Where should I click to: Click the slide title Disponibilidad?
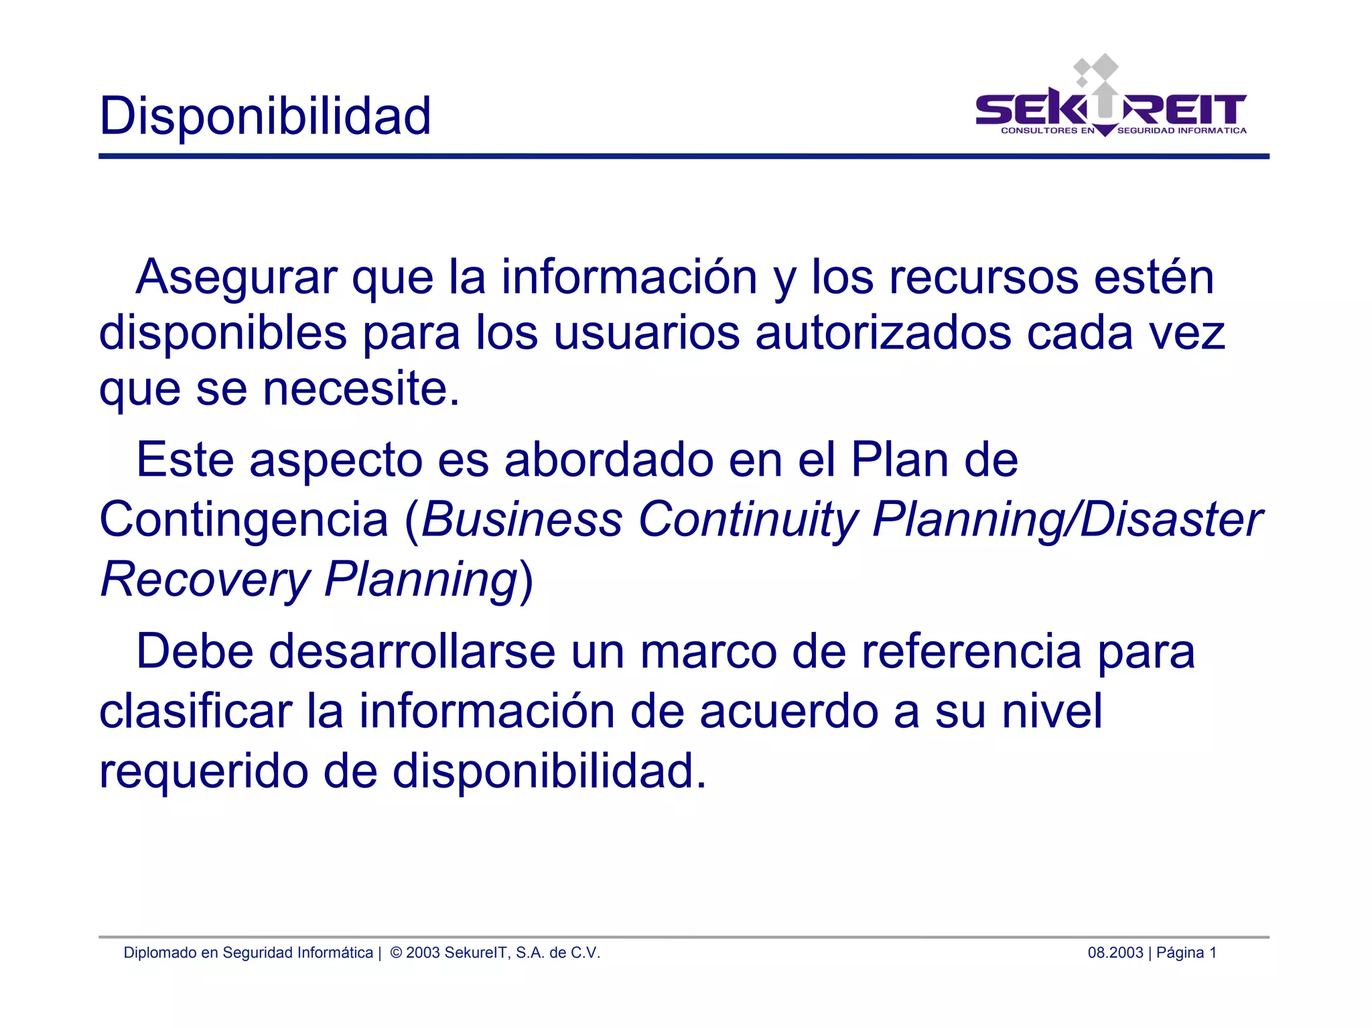tap(265, 116)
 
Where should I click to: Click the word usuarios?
tap(646, 333)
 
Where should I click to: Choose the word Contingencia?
tap(244, 519)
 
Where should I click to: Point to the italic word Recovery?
tap(205, 579)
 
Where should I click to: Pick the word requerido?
tap(204, 771)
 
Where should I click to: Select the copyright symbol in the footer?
tap(396, 953)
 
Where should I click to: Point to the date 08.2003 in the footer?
tap(1115, 953)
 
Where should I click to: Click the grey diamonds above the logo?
tap(1096, 70)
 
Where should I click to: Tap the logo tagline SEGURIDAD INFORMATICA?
tap(1182, 131)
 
